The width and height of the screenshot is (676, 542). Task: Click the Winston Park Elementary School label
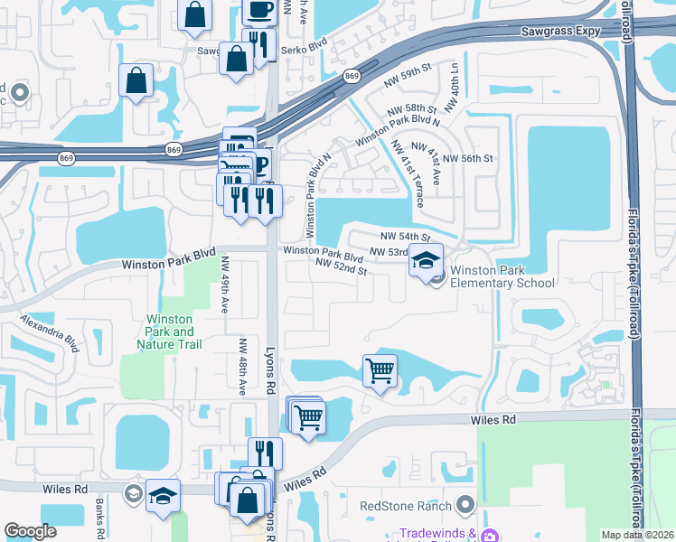[502, 276]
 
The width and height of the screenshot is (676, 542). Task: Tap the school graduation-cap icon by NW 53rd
[426, 261]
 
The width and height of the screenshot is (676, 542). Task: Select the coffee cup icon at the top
[261, 11]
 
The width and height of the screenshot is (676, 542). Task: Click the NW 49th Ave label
[225, 285]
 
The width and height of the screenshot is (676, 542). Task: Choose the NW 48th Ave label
[242, 368]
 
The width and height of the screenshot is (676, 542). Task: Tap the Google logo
[30, 531]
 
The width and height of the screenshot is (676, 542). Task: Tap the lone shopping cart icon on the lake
[380, 369]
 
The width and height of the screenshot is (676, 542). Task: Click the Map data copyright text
[637, 535]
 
